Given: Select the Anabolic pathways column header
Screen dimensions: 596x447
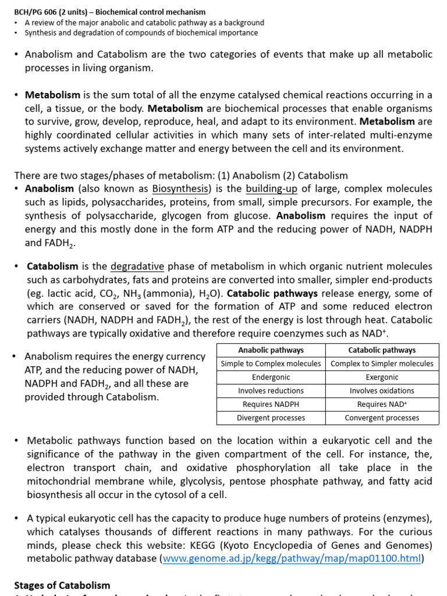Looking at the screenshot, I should (271, 350).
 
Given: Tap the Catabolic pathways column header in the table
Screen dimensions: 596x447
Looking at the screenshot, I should (382, 350).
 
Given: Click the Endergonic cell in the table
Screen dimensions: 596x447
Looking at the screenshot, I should (271, 377).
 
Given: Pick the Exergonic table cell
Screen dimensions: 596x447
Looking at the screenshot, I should (382, 377).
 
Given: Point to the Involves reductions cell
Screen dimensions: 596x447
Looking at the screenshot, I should (271, 391).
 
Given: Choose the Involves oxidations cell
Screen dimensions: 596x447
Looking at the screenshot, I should (382, 391).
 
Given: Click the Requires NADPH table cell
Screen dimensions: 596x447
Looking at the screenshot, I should (271, 404).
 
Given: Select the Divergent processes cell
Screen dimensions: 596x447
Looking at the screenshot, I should (271, 417).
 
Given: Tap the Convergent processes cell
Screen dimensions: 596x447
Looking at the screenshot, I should (382, 417).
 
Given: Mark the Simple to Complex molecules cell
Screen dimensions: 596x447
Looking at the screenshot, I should (271, 363).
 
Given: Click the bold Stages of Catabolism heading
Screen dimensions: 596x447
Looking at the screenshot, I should (62, 585).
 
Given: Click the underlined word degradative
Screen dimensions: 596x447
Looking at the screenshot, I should (137, 267).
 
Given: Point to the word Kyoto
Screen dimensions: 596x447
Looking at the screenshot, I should (247, 545).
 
